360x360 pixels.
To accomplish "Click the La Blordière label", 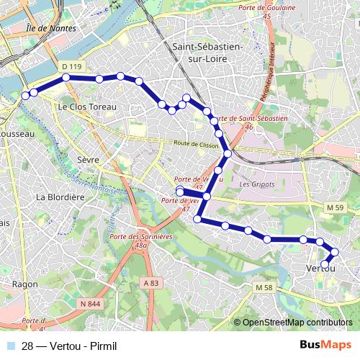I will tap(61, 197).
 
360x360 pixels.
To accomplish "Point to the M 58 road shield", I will tap(265, 288).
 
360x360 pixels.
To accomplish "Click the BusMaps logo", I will tap(324, 345).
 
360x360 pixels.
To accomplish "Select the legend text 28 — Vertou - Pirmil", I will tap(69, 345).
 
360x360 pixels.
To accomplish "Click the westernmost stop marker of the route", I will tap(25, 95).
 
